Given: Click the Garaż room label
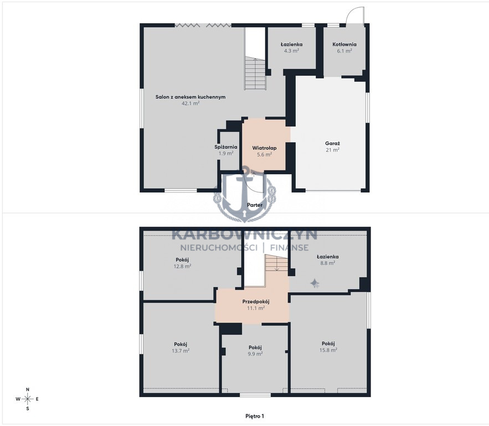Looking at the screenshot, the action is point(332,144).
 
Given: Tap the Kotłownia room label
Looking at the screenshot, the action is point(344,44).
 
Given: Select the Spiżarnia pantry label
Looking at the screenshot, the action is point(226,147).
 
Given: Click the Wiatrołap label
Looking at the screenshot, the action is point(265,148).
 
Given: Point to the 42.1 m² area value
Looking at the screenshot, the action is point(191,103).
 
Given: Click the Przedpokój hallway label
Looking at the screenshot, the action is point(256,302).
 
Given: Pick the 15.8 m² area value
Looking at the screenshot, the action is point(328,350).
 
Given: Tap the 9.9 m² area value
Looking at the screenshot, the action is point(255,354).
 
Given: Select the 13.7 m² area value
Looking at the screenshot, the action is point(181,351).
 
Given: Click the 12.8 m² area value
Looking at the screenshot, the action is point(182,266).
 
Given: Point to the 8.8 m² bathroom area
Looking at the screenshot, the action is point(328,263).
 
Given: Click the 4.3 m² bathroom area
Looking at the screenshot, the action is point(292,50).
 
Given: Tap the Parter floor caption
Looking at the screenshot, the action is point(255,205).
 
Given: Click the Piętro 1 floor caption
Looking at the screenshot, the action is point(255,416).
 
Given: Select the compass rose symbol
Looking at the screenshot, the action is point(28,399).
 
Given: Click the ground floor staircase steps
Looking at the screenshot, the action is point(255,73).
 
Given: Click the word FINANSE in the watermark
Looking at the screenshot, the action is point(289,247).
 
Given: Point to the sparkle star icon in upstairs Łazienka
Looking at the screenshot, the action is point(315,283).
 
